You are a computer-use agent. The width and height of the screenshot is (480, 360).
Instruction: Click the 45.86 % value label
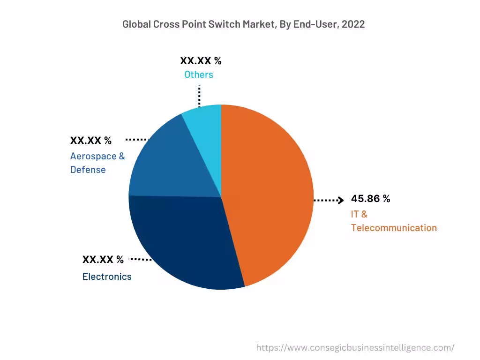pyautogui.click(x=370, y=199)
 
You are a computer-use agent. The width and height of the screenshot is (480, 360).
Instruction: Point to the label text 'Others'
pyautogui.click(x=198, y=75)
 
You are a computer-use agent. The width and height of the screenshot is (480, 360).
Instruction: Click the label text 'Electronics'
pyautogui.click(x=107, y=277)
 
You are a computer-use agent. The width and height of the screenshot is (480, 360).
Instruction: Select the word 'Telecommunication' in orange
pyautogui.click(x=394, y=228)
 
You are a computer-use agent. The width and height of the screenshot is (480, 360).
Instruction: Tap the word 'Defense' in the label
pyautogui.click(x=88, y=170)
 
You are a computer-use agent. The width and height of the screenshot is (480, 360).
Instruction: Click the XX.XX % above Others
pyautogui.click(x=201, y=61)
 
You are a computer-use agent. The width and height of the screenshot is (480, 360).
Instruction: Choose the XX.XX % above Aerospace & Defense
pyautogui.click(x=91, y=141)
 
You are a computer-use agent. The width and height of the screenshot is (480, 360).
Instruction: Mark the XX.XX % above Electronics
pyautogui.click(x=103, y=260)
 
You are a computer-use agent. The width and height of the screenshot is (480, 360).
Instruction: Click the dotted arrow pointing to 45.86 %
pyautogui.click(x=329, y=200)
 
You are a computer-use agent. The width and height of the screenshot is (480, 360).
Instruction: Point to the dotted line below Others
pyautogui.click(x=199, y=97)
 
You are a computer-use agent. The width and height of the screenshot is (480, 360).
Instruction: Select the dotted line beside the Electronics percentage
pyautogui.click(x=141, y=259)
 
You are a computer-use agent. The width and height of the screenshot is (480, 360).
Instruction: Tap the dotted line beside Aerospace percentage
pyautogui.click(x=137, y=139)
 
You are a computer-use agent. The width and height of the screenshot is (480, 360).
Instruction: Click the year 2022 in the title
pyautogui.click(x=353, y=24)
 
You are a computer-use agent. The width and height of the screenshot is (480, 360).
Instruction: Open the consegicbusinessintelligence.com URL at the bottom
pyautogui.click(x=355, y=347)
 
